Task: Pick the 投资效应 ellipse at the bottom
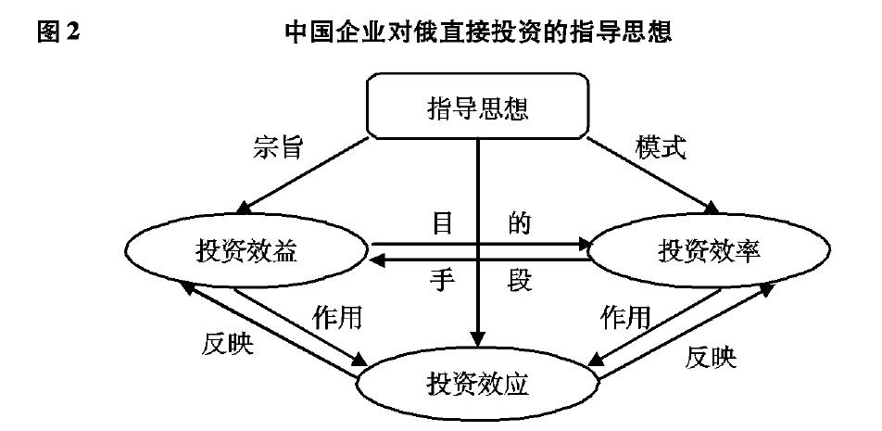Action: pyautogui.click(x=478, y=383)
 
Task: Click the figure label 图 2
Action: pyautogui.click(x=57, y=33)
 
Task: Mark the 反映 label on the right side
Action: pyautogui.click(x=712, y=357)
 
